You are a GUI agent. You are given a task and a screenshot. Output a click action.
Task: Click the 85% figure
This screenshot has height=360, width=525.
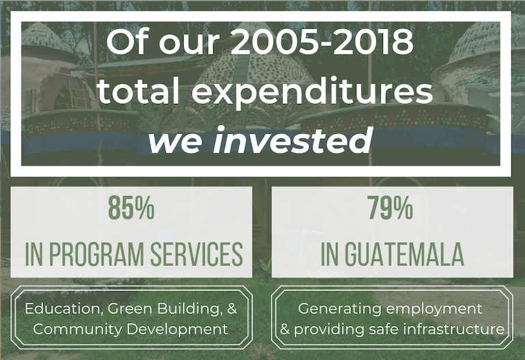pyautogui.click(x=131, y=208)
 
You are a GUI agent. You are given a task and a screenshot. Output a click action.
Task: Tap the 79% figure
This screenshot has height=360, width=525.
pyautogui.click(x=391, y=208)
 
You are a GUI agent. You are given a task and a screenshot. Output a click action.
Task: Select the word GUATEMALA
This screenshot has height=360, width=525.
pyautogui.click(x=404, y=254)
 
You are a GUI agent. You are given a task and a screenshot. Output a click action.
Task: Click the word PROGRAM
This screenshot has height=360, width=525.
pyautogui.click(x=96, y=254)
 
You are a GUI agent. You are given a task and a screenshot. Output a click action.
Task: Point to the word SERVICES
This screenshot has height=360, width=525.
pyautogui.click(x=197, y=254)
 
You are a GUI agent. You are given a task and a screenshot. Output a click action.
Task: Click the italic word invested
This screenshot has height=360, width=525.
pyautogui.click(x=292, y=139)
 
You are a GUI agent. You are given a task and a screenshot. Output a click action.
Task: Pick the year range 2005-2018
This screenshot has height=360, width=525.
pyautogui.click(x=322, y=42)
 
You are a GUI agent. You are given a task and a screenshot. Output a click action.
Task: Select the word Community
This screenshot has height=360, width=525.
pyautogui.click(x=78, y=329)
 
